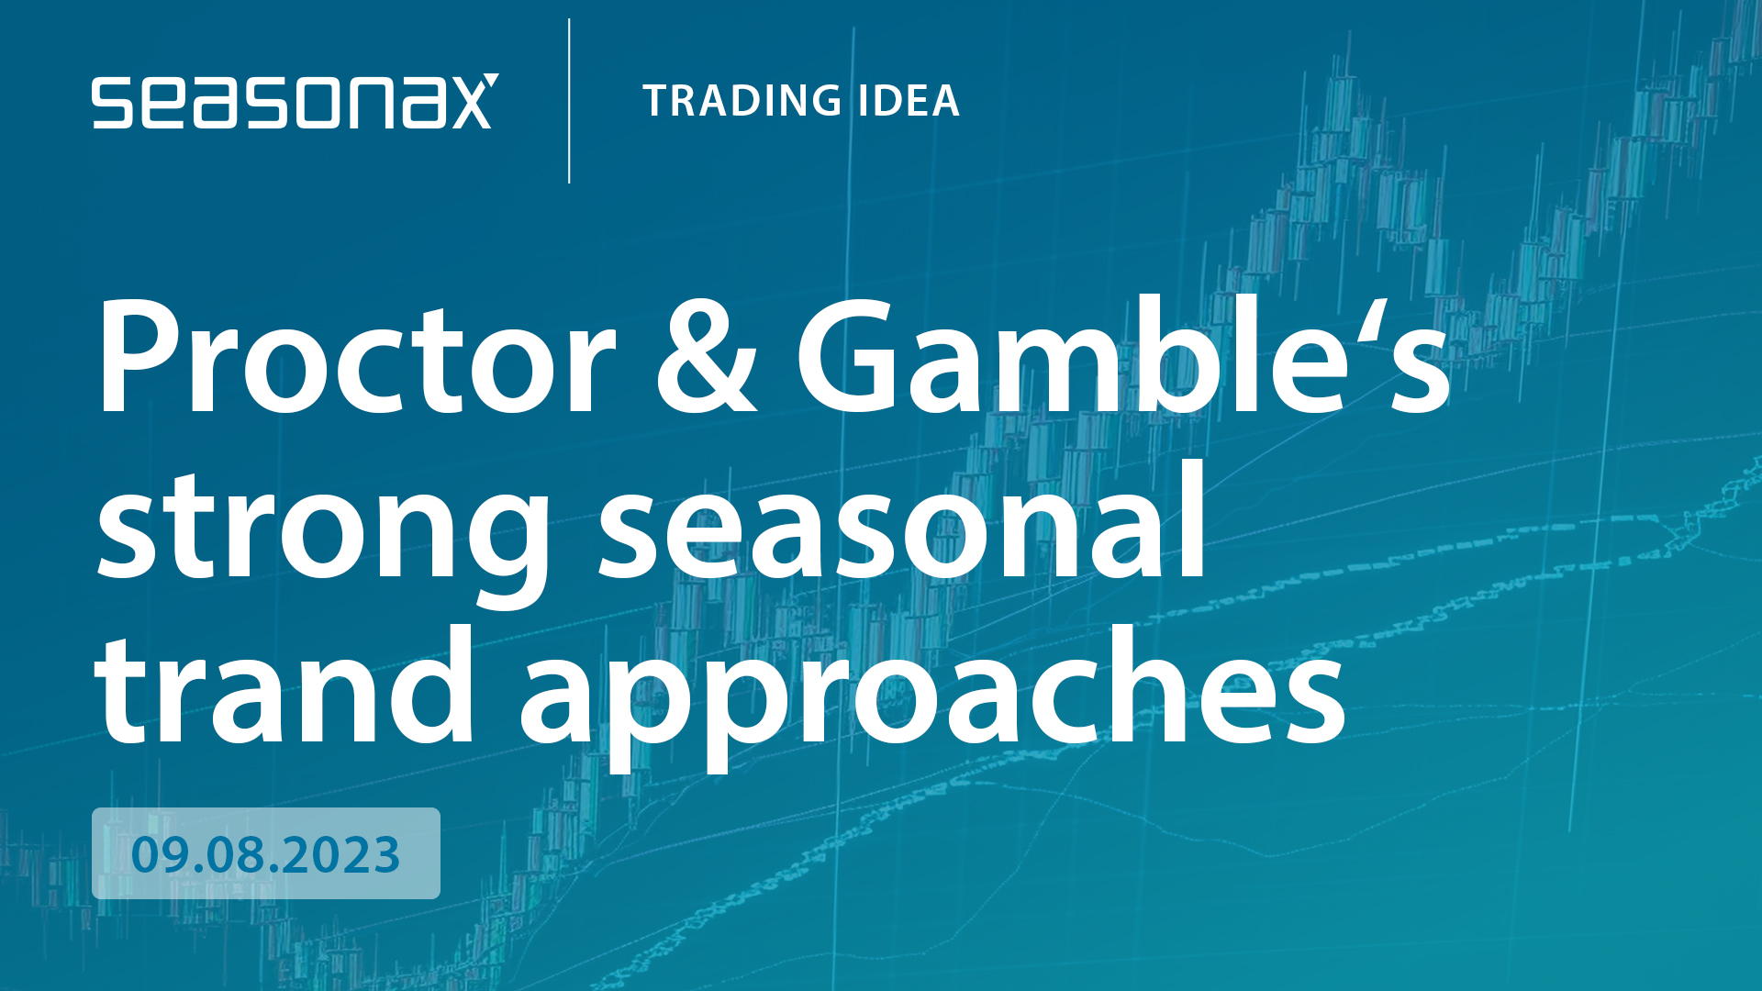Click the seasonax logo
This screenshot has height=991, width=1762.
(x=295, y=101)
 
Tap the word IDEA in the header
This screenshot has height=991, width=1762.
(x=909, y=101)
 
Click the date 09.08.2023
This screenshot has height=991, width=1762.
(x=265, y=854)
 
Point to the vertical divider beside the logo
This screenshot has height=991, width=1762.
(x=569, y=101)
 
